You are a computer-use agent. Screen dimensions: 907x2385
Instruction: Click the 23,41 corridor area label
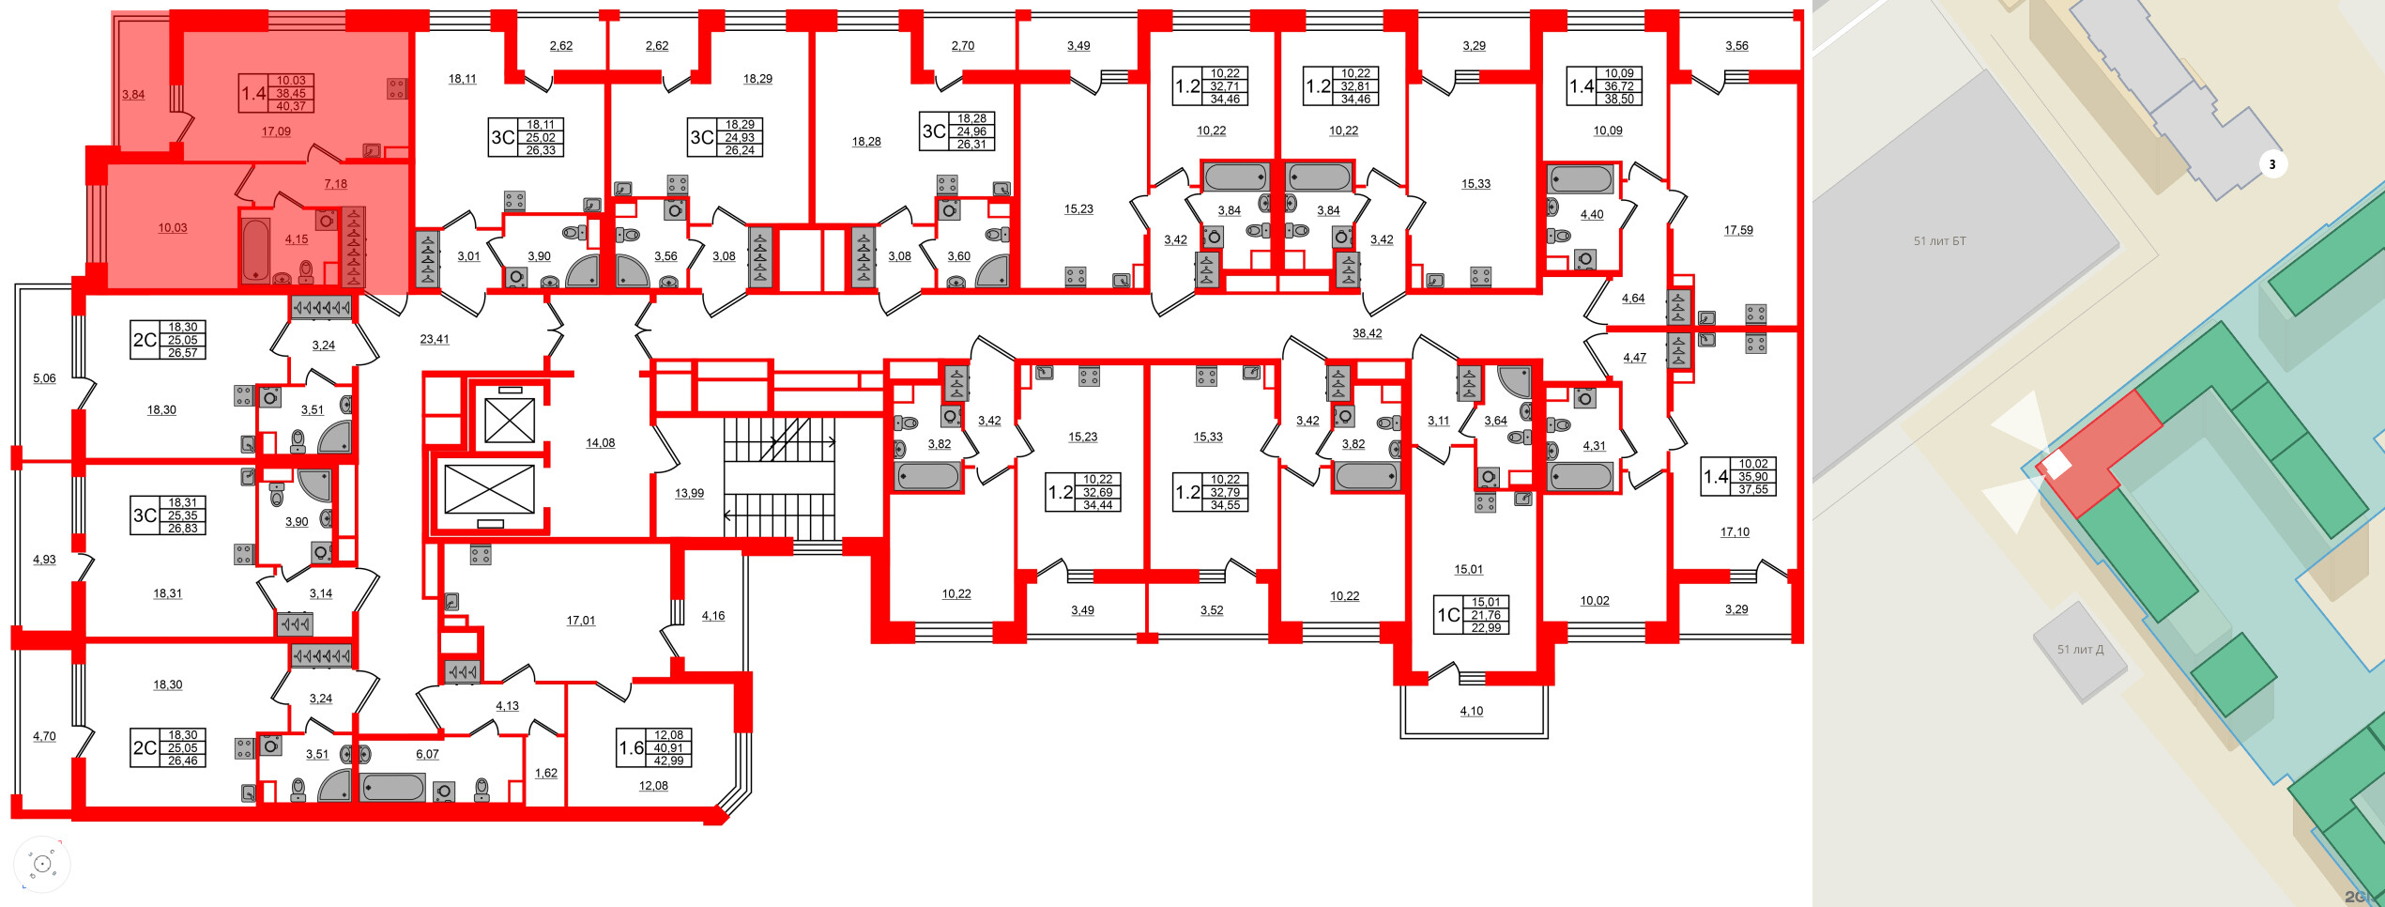point(434,339)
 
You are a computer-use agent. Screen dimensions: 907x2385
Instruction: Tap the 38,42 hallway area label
point(1367,333)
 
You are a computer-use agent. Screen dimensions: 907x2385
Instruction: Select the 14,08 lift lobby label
point(600,443)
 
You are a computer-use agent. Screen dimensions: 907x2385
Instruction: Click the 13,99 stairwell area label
point(689,493)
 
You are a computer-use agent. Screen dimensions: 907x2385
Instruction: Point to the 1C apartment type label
point(1448,615)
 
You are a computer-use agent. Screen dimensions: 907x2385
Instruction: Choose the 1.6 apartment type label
point(631,748)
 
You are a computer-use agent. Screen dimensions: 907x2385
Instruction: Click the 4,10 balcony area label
point(1471,711)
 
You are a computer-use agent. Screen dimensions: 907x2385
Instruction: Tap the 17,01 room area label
point(580,621)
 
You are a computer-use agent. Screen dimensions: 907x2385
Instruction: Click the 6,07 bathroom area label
point(427,754)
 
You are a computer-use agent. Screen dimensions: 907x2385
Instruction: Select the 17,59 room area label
point(1737,230)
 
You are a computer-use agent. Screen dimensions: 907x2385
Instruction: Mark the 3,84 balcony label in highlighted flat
point(133,95)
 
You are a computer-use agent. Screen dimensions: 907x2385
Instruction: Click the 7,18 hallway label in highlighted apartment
point(335,184)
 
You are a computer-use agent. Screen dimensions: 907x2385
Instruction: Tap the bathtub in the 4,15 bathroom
point(256,250)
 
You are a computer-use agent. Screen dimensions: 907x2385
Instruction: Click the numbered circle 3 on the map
point(2271,165)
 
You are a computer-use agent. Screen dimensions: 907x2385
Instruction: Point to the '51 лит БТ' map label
point(1939,241)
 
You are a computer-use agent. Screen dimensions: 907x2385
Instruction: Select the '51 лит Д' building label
point(2080,650)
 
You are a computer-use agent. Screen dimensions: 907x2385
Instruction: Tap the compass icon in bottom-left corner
point(42,864)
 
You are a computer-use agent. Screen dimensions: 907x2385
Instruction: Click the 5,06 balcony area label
point(44,378)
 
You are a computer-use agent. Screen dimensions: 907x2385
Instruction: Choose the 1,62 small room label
point(545,773)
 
